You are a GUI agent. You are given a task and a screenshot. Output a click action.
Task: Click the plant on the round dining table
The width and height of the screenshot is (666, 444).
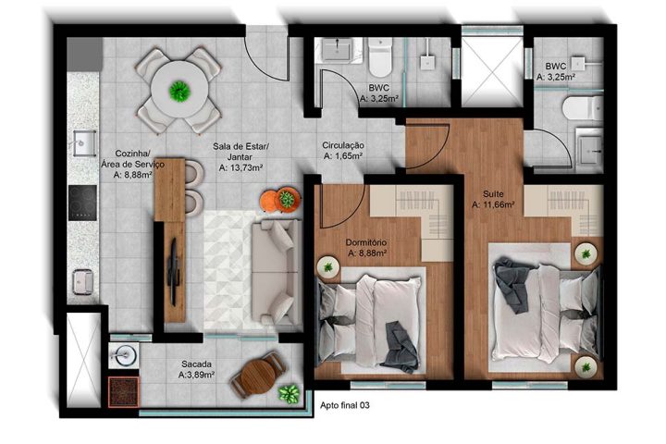(x=179, y=90)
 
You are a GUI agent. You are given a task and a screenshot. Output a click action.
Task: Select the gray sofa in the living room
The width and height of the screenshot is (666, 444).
(x=275, y=259)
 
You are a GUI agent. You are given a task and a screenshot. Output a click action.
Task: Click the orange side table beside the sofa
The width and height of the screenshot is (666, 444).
(x=276, y=200)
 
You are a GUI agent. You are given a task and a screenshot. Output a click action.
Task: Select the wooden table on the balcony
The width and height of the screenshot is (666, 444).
(x=257, y=374)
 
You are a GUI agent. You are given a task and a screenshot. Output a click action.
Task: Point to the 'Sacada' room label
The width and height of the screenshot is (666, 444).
(x=196, y=364)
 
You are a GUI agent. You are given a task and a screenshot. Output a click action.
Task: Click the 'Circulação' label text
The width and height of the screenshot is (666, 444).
(x=343, y=145)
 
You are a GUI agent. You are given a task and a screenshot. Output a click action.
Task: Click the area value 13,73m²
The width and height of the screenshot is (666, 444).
(x=240, y=168)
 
